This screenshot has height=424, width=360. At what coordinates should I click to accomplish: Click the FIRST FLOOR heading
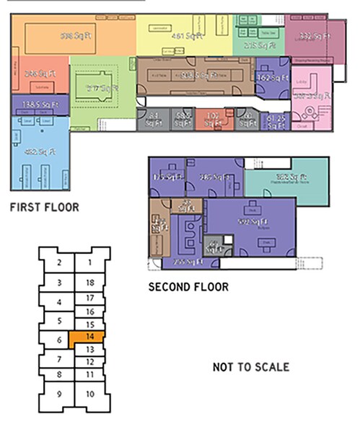click(x=44, y=208)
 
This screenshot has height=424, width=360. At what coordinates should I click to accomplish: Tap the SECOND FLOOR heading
click(x=188, y=287)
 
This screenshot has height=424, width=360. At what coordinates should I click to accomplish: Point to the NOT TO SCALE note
click(x=251, y=368)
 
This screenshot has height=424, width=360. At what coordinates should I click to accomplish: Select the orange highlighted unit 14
click(x=87, y=337)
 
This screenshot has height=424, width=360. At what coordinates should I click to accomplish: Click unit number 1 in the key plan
click(x=89, y=264)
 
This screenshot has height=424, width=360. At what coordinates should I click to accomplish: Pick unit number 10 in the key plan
click(x=89, y=394)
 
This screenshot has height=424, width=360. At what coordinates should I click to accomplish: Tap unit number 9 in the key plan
click(x=59, y=394)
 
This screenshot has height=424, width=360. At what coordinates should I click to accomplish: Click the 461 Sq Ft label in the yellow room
click(x=186, y=35)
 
